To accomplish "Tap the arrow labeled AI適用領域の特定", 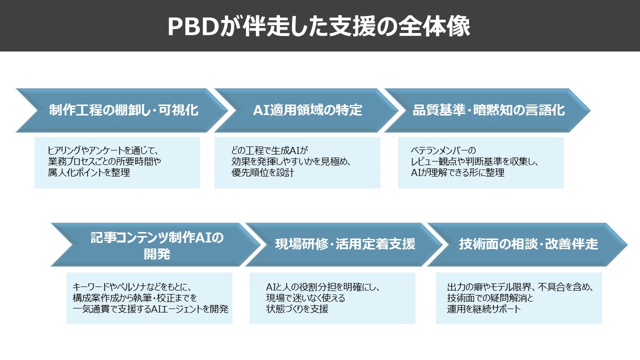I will click(x=307, y=110).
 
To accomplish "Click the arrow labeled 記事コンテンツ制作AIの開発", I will click(x=157, y=245).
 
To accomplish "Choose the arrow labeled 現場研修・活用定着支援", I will click(x=345, y=244).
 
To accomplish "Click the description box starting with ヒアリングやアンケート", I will click(x=117, y=162).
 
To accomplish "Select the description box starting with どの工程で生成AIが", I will click(x=297, y=162).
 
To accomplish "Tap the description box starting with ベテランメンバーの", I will click(x=480, y=162).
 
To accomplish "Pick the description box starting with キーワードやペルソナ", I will click(x=149, y=298).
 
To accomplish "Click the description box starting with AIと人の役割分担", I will click(x=332, y=298).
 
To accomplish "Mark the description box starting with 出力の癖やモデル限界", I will click(x=518, y=298).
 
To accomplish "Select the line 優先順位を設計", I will click(x=262, y=173).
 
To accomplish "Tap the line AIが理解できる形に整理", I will click(x=457, y=173).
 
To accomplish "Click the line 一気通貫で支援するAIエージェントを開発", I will click(x=150, y=309).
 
